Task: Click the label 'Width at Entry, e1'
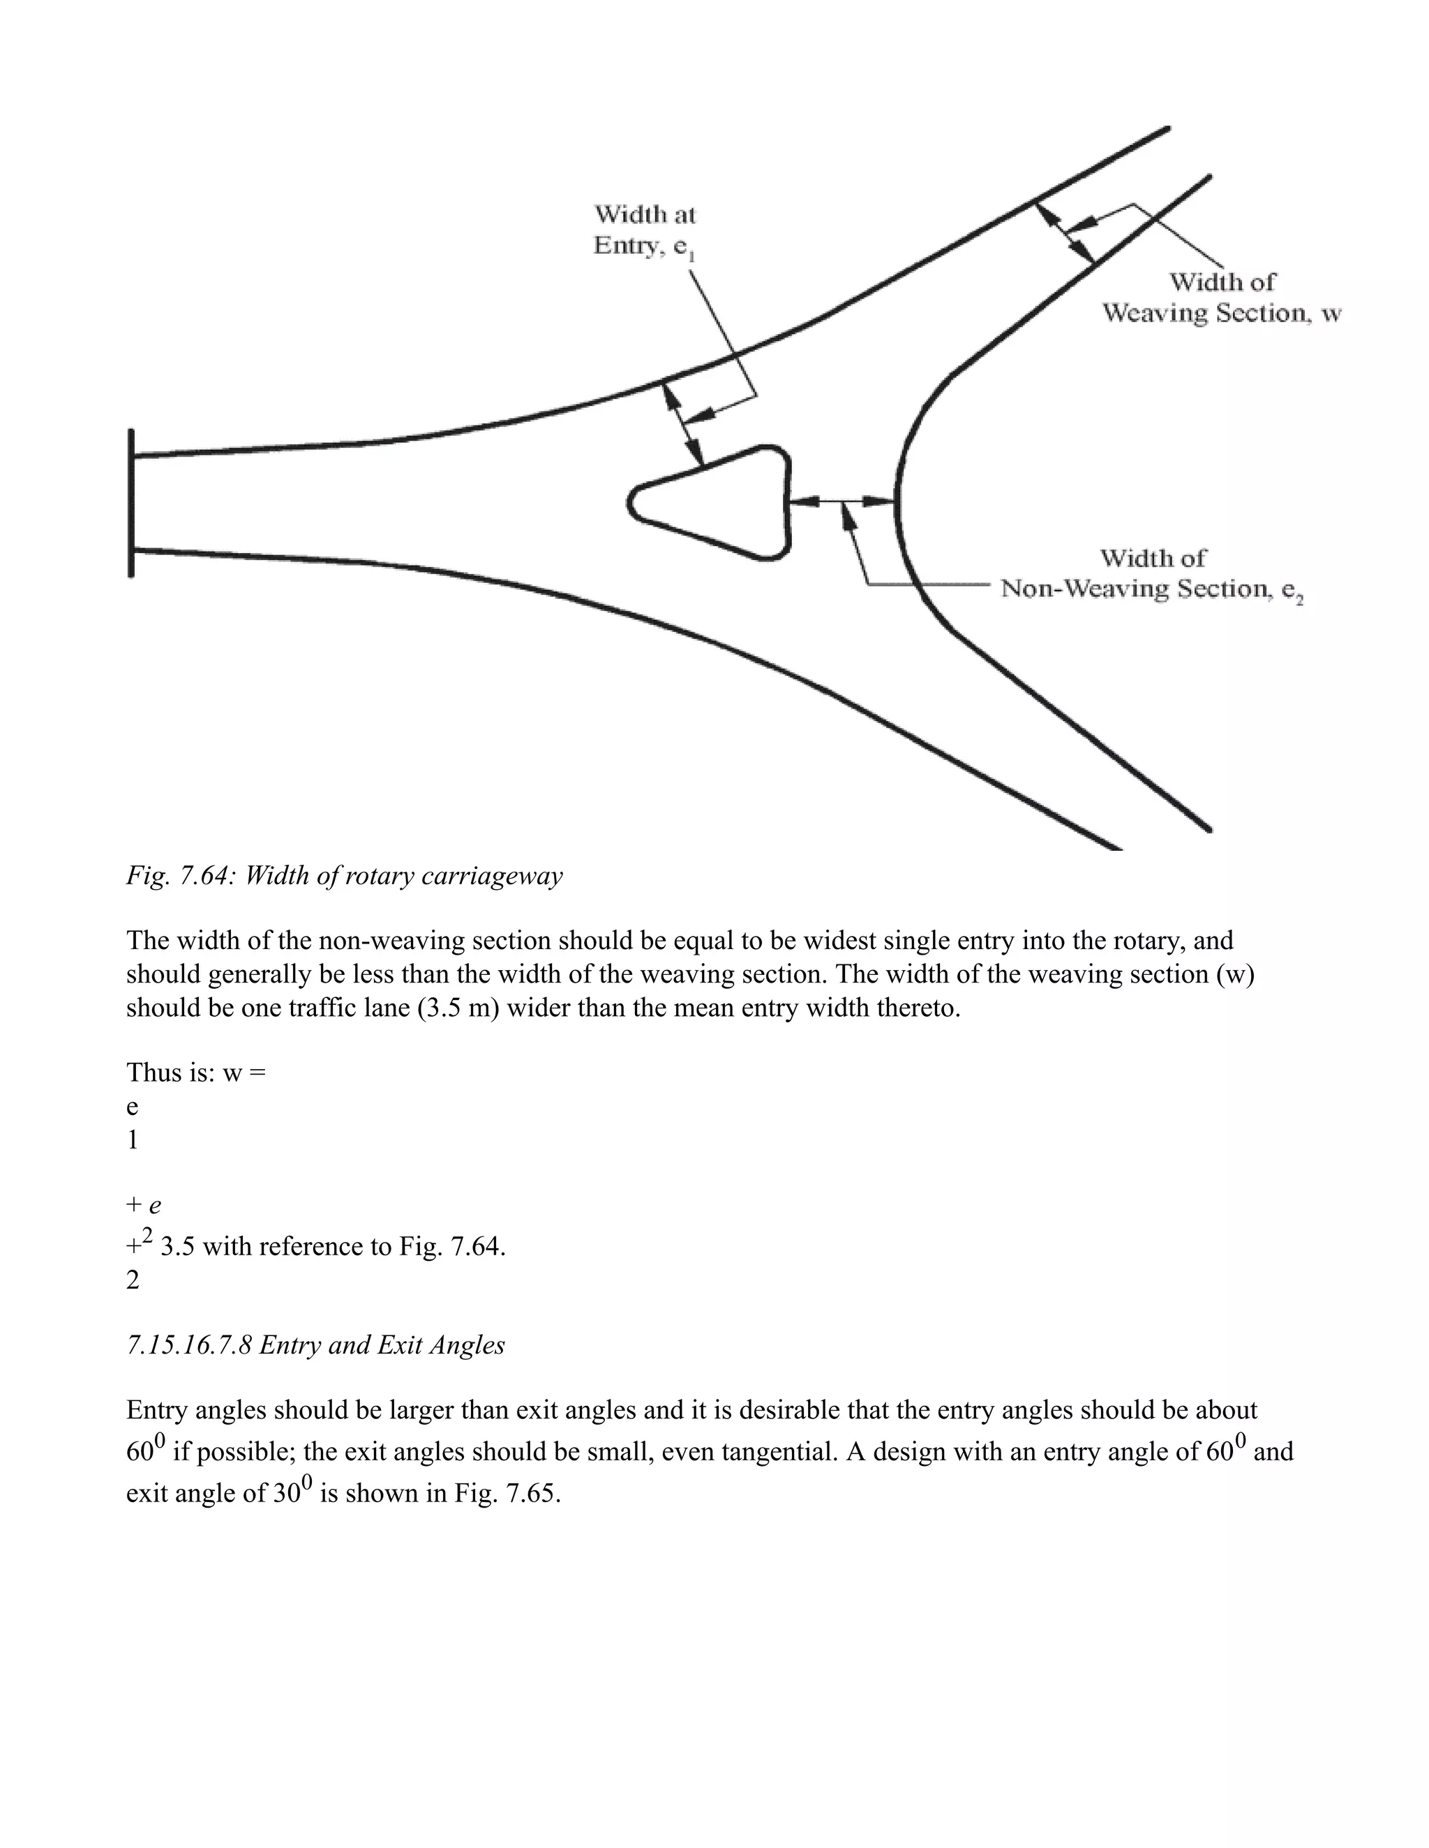tap(645, 230)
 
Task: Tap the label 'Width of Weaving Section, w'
tap(1221, 298)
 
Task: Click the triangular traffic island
tap(719, 505)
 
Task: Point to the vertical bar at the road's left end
tap(131, 504)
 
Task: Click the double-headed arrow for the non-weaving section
tap(842, 502)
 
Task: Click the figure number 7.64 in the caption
tap(204, 876)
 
